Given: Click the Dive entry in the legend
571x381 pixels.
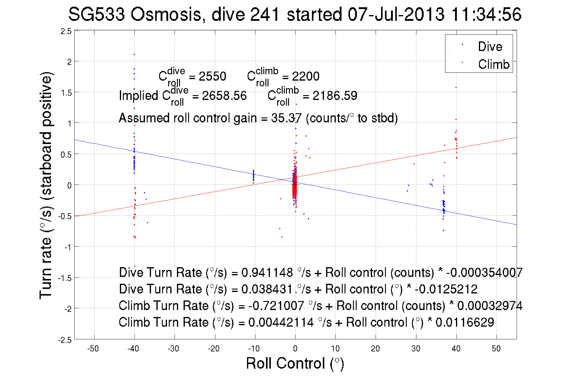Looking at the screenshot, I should coord(490,46).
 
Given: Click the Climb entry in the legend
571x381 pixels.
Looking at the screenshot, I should coord(493,64).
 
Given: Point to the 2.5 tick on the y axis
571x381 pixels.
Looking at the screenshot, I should coord(66,31).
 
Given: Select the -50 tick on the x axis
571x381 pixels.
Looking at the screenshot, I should coord(93,349).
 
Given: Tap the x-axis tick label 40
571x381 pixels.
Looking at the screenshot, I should coord(456,349).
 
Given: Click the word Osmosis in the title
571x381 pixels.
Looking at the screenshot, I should coord(166,14).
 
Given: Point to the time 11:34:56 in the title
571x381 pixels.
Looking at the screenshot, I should coord(486,14).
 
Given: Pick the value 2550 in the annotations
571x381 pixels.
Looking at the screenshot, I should coord(212,76).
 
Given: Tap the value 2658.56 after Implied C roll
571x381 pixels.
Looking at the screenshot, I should coord(224,96).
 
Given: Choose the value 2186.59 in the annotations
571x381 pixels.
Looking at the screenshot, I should coord(335,96).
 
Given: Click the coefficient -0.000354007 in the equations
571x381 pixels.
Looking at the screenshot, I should coord(484,272).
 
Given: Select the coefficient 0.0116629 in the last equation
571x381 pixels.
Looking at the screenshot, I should coord(465,322).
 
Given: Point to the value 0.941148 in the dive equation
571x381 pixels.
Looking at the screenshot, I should coord(267,272).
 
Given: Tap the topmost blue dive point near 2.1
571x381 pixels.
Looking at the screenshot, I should coord(134,54).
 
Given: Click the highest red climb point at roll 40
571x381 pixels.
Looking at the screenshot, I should coord(456,88).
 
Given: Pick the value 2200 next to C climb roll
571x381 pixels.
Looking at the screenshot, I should coord(306,76).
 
